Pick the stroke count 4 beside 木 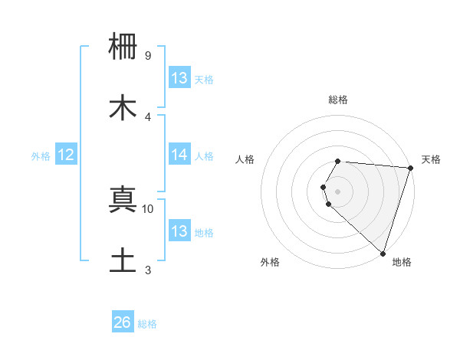pos(148,116)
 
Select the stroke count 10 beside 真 pos(148,208)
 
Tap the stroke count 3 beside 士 pos(148,270)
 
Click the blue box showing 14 pos(179,155)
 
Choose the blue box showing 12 pos(66,155)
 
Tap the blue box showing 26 pos(123,322)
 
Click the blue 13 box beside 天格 pos(179,78)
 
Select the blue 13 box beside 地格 pos(179,231)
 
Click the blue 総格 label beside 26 pos(147,324)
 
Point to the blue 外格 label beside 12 pos(41,156)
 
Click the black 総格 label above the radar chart pos(338,100)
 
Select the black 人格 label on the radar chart pos(245,159)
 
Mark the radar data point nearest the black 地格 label pos(383,254)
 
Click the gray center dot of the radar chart pos(338,191)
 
